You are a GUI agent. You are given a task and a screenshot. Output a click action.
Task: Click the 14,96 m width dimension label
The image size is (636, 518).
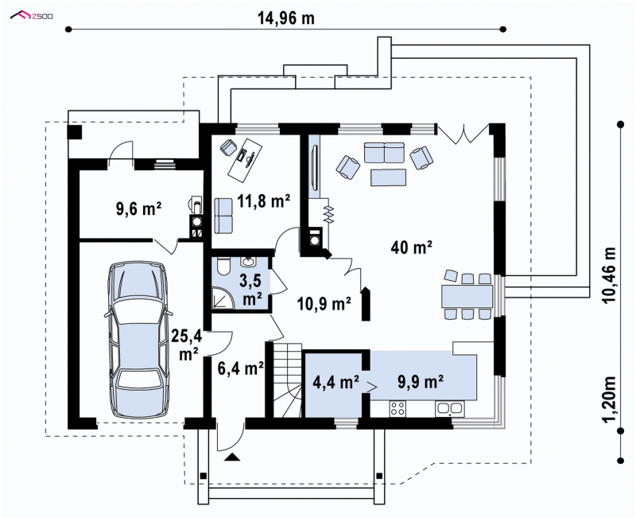coord(286,18)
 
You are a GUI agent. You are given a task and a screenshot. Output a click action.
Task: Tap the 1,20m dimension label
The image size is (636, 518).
coord(609,400)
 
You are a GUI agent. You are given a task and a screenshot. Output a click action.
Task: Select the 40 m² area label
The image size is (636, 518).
coord(411,247)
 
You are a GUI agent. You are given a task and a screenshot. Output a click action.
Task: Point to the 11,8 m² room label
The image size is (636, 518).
coord(264,201)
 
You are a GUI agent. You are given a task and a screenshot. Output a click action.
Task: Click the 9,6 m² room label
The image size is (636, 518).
coord(138,208)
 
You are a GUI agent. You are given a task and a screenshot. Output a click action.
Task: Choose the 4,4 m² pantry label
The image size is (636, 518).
coord(335,382)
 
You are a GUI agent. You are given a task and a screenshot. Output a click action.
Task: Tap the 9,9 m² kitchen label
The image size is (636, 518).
coord(420,382)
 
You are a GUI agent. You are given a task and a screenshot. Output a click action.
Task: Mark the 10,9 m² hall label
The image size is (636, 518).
coord(324,303)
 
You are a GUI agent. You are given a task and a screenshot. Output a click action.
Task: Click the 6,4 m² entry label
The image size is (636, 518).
coord(241,368)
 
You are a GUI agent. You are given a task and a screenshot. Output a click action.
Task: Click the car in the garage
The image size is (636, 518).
coord(138,339)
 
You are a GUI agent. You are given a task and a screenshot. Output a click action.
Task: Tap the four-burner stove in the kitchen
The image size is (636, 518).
coord(398,409)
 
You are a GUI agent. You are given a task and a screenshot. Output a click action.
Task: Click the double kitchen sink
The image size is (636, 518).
coord(450,409)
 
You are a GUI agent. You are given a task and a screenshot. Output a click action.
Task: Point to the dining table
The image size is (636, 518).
coord(467,296)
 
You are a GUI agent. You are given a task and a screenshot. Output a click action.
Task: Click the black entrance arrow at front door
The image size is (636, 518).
coord(232,457)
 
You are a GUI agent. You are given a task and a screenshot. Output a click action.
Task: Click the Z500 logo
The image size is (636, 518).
coord(32,16)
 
